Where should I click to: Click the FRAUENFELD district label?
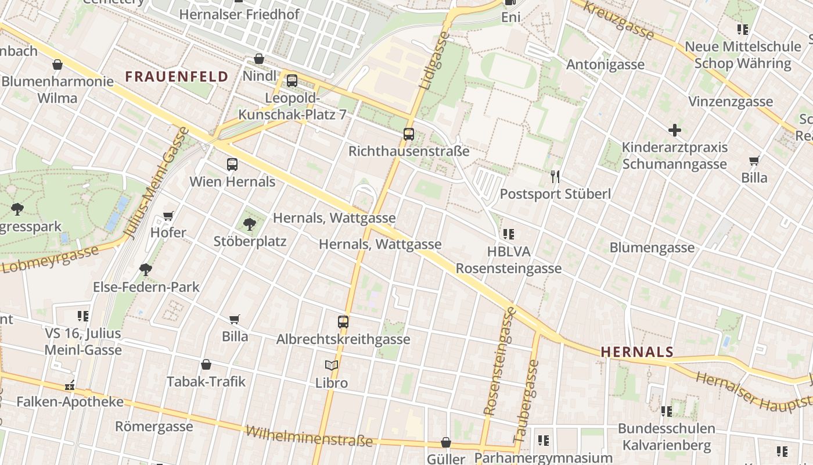tap(177, 77)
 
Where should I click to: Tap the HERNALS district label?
tap(637, 352)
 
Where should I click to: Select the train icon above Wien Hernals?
tap(232, 164)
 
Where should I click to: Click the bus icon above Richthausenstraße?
tap(409, 134)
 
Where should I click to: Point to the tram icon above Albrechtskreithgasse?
tap(343, 321)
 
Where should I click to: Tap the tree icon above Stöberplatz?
tap(250, 224)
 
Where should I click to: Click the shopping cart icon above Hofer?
tap(168, 216)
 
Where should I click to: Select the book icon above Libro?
tap(332, 366)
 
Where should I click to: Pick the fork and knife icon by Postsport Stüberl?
tap(555, 176)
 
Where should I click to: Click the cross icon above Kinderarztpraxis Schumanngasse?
tap(674, 130)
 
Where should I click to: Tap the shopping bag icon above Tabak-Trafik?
tap(206, 364)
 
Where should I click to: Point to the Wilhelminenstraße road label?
tap(309, 435)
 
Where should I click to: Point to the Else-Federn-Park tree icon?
tap(145, 269)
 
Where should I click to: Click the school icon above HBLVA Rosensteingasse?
tap(509, 234)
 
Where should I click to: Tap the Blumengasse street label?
tap(652, 248)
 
